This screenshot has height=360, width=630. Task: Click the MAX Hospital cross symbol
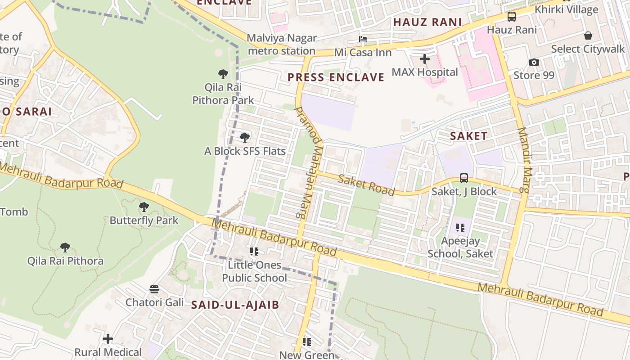[424, 59]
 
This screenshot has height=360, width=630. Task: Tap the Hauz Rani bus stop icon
[512, 17]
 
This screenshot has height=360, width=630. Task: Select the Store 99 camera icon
[534, 62]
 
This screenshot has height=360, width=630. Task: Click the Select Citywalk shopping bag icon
[588, 36]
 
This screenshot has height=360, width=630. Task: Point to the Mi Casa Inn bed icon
[363, 39]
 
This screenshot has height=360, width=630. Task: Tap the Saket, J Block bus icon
[464, 178]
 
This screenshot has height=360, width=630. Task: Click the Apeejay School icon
[460, 228]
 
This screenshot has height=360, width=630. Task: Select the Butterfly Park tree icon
[144, 207]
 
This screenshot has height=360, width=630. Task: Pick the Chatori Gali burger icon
[154, 289]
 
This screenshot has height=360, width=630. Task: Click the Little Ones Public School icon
[254, 252]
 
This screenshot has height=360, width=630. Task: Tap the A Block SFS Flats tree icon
[245, 137]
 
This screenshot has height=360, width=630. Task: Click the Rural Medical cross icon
[108, 338]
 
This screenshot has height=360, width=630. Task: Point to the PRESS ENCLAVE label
[336, 77]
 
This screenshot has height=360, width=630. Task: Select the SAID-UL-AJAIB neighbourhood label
[235, 305]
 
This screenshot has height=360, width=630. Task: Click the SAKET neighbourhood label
[468, 136]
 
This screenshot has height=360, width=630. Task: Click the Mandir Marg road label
[525, 160]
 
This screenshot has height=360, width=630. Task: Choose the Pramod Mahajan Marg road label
[309, 162]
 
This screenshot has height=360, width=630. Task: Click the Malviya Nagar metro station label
[282, 45]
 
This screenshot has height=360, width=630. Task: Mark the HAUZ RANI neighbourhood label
[427, 22]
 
